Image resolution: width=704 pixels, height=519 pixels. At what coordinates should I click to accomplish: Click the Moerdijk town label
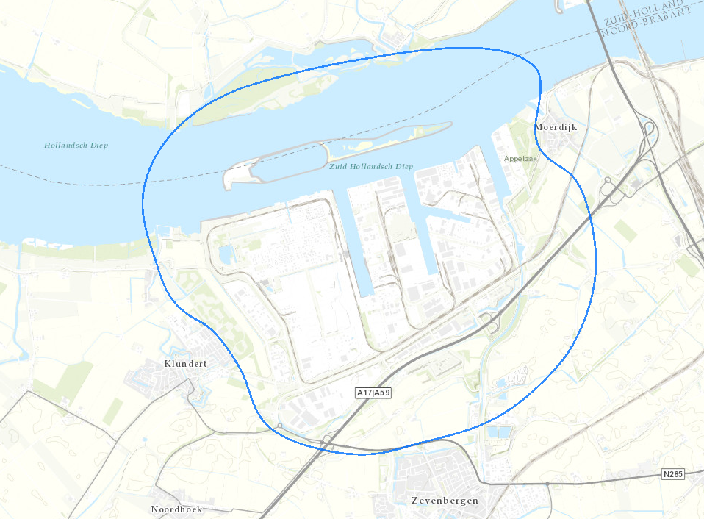coord(556,127)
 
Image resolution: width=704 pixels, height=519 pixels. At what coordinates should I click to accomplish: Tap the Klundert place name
coord(185,364)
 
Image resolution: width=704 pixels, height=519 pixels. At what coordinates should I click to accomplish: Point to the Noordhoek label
coord(176,509)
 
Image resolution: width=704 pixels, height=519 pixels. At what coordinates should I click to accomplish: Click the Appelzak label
coord(521,158)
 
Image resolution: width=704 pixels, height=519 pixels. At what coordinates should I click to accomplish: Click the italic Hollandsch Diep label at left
coord(76,145)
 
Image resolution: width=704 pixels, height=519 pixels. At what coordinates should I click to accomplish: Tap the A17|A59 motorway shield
coord(373,393)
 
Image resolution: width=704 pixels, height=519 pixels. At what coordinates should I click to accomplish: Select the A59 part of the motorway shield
coord(382,393)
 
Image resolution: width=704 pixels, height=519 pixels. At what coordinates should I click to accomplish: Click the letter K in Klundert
coord(168,364)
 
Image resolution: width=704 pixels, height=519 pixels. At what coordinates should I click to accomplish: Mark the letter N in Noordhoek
coord(155,509)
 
